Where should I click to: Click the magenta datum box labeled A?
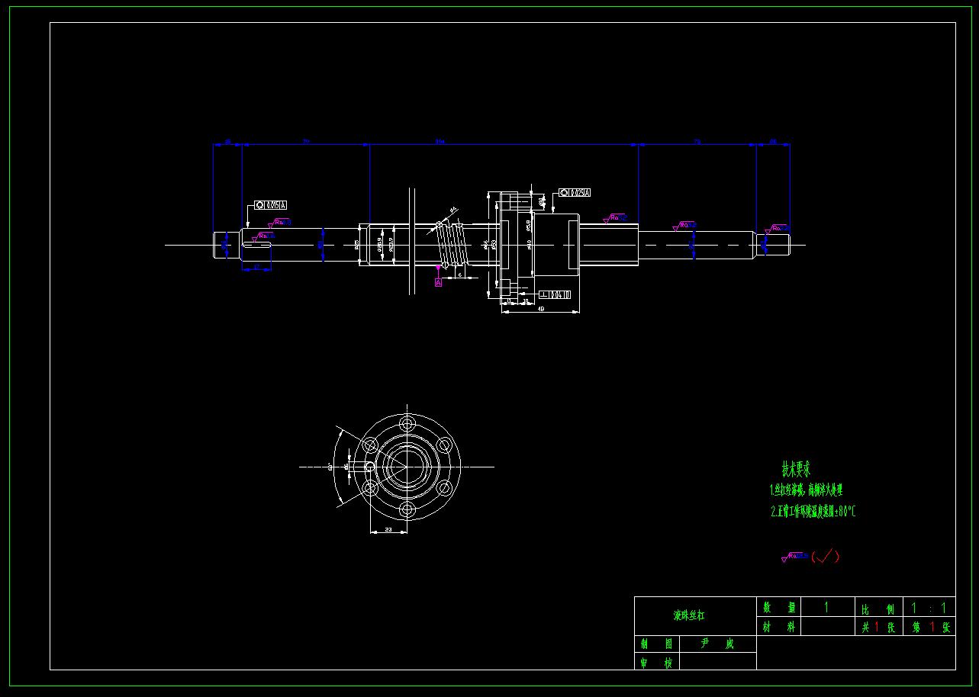(x=439, y=282)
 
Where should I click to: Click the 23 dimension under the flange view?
(x=388, y=529)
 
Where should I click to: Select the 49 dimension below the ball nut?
(x=541, y=309)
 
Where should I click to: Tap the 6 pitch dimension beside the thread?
(x=459, y=274)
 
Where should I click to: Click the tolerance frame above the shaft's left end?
(x=271, y=205)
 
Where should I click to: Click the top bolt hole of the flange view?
(x=407, y=422)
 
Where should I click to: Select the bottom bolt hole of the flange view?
(x=407, y=509)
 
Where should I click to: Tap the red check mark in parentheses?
(x=825, y=556)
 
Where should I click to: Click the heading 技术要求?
(x=796, y=468)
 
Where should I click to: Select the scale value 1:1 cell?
(x=929, y=608)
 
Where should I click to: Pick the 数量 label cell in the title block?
(x=780, y=608)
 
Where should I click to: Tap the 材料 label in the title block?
(x=780, y=627)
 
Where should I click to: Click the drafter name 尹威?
(x=717, y=644)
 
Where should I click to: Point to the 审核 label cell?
(x=657, y=663)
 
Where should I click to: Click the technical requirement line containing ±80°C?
(x=813, y=512)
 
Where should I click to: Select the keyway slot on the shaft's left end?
(x=259, y=245)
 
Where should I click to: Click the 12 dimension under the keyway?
(x=257, y=267)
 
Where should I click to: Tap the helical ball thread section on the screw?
(x=451, y=245)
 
